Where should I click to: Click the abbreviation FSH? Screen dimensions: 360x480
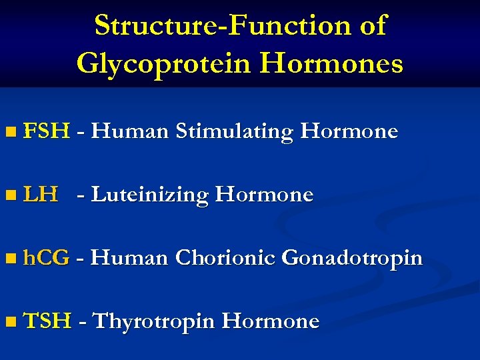[46, 131]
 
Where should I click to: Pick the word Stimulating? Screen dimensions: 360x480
[234, 132]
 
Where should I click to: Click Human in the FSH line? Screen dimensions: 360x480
[129, 131]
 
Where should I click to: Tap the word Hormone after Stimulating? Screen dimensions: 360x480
[349, 131]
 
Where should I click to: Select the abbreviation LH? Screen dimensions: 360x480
[40, 195]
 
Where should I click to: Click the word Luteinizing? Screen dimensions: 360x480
[151, 195]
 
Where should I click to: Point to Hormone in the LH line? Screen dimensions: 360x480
[264, 195]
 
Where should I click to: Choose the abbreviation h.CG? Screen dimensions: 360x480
[46, 258]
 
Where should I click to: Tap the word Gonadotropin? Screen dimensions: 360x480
[352, 259]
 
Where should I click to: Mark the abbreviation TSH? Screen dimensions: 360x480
[47, 321]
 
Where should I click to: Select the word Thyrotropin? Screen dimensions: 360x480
[153, 322]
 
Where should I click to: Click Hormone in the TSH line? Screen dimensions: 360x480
[270, 321]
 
